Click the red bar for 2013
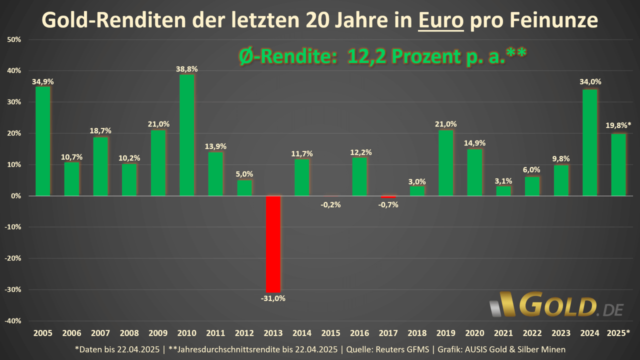[x=273, y=244]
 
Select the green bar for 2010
[x=186, y=135]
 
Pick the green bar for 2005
[x=42, y=141]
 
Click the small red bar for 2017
[x=388, y=197]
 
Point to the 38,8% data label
[x=186, y=69]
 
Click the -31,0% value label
[x=273, y=298]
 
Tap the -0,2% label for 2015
[x=330, y=204]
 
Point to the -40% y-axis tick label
[x=14, y=321]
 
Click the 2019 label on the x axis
[x=445, y=333]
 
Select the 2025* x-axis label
[x=618, y=333]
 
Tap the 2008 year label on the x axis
[x=129, y=333]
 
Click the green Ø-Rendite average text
[x=381, y=56]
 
